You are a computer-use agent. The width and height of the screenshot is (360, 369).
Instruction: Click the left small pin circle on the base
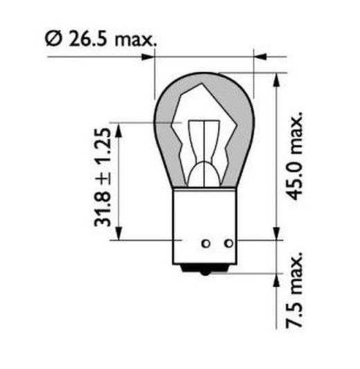click(x=205, y=243)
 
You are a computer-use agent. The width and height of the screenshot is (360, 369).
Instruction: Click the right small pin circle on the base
click(x=228, y=243)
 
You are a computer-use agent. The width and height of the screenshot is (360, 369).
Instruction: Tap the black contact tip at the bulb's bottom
click(x=205, y=273)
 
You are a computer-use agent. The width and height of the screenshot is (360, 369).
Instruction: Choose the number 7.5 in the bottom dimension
click(x=296, y=305)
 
